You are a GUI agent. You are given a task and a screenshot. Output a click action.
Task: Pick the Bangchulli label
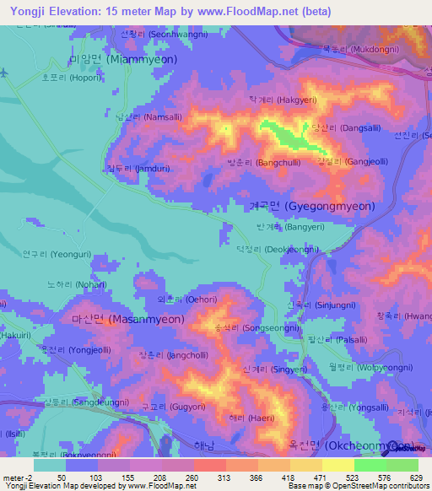(261, 161)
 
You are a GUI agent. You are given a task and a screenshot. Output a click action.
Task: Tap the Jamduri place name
(127, 169)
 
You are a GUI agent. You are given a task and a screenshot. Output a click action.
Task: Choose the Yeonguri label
(52, 253)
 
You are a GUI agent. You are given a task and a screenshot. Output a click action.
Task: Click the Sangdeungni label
(74, 402)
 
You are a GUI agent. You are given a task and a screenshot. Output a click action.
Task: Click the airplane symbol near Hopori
(7, 73)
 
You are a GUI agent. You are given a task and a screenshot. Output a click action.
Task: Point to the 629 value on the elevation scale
(414, 478)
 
